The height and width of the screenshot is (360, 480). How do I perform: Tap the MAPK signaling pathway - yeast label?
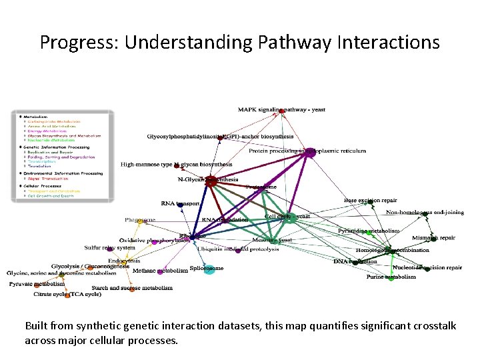click(x=281, y=109)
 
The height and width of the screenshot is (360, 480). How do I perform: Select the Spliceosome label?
click(x=206, y=268)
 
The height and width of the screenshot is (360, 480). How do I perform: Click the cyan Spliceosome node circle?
click(x=209, y=269)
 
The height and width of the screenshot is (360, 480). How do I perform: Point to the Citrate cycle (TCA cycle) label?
click(x=67, y=293)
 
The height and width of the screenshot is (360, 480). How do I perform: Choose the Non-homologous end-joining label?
click(x=425, y=212)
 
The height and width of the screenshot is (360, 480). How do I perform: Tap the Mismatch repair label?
click(x=433, y=237)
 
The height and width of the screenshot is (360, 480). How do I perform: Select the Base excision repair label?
click(x=371, y=200)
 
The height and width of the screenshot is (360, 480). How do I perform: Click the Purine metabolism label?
click(x=391, y=277)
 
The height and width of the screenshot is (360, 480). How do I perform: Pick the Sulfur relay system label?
click(x=110, y=247)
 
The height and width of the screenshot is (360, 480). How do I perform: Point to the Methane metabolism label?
click(x=160, y=271)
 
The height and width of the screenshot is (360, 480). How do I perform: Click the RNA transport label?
click(x=180, y=203)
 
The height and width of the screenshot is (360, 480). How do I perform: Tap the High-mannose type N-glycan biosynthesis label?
click(x=176, y=164)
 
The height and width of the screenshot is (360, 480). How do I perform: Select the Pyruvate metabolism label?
click(x=37, y=283)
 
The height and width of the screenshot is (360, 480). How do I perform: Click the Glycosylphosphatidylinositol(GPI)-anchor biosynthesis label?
click(x=220, y=136)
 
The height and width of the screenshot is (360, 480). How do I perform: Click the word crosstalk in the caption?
click(x=427, y=326)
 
